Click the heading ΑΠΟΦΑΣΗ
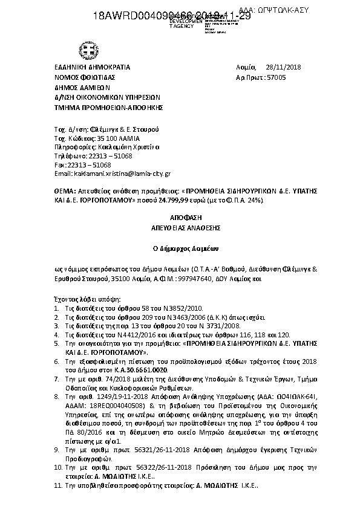pos(180,216)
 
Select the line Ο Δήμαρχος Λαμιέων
pos(180,248)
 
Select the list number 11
pos(57,485)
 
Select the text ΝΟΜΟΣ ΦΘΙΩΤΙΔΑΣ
pos(84,77)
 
